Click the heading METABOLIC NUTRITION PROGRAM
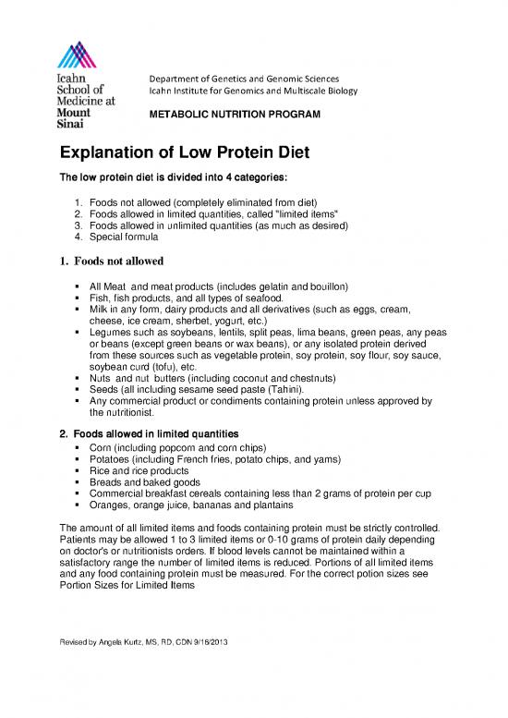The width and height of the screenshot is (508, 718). pos(228,114)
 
